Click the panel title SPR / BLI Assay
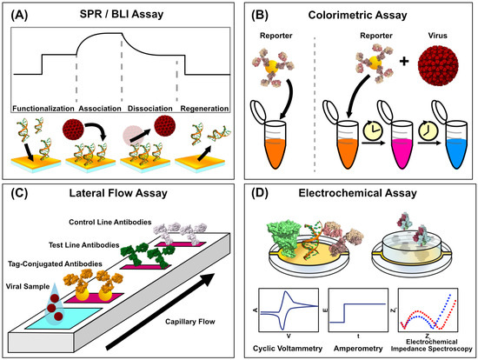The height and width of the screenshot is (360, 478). tap(122, 14)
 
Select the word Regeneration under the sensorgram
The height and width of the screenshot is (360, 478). tap(204, 109)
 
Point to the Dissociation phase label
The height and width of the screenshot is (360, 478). tap(150, 109)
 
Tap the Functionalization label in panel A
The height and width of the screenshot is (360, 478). tap(43, 109)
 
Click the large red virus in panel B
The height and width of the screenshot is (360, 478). tap(438, 65)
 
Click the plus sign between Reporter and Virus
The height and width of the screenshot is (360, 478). tap(404, 62)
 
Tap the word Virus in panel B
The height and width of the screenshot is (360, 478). tap(437, 36)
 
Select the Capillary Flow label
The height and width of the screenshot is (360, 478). tap(190, 322)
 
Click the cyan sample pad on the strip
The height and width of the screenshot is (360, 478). tap(63, 318)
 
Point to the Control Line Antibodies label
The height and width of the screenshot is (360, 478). tap(110, 222)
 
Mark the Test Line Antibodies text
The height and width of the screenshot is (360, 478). tap(83, 245)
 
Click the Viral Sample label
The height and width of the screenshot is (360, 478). tap(28, 286)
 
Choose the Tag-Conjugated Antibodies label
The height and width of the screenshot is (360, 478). tap(55, 263)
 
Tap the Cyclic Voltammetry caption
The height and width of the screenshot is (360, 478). tap(288, 349)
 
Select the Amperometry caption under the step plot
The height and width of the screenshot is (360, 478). tap(358, 349)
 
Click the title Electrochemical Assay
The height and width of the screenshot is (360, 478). tap(357, 193)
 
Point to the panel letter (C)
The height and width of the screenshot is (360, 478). tap(19, 193)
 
